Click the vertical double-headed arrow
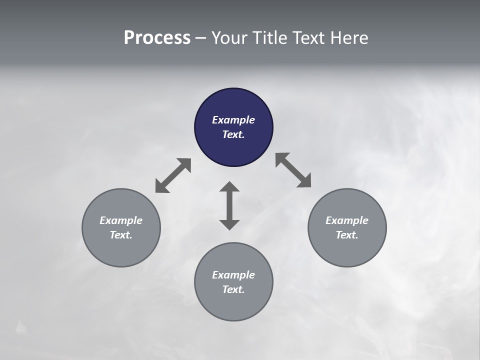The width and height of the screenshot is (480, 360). [x=229, y=205]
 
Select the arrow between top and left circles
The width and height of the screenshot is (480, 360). [x=173, y=175]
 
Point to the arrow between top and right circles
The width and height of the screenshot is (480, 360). [x=293, y=170]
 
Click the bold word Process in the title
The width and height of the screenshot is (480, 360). [x=157, y=38]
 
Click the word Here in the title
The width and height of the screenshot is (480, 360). [x=350, y=38]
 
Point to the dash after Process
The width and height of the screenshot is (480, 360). [x=200, y=38]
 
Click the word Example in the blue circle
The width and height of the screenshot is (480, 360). [x=233, y=120]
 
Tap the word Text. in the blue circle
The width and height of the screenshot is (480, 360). [x=233, y=134]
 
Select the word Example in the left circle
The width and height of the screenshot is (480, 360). [x=121, y=220]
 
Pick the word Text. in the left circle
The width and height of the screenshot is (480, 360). [x=121, y=235]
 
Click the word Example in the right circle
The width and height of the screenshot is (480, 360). [x=347, y=220]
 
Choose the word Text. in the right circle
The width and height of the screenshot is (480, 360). [x=347, y=235]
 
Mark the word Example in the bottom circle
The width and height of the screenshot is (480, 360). [x=233, y=275]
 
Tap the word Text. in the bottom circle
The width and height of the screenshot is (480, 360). [x=233, y=289]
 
